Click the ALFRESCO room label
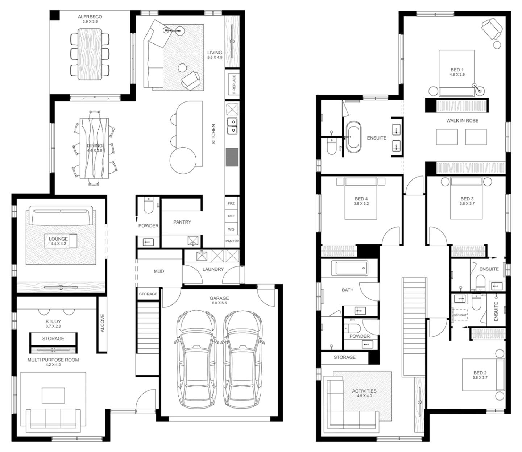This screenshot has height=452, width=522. pyautogui.click(x=90, y=17)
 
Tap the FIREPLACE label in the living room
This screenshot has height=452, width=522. pyautogui.click(x=234, y=84)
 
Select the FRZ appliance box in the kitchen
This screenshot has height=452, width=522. pyautogui.click(x=231, y=203)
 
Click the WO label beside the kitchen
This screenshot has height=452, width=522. pyautogui.click(x=231, y=229)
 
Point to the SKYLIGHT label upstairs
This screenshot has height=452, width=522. pyautogui.click(x=460, y=315)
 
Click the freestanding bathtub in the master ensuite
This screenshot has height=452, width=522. pyautogui.click(x=353, y=138)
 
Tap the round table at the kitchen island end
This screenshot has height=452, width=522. pyautogui.click(x=183, y=161)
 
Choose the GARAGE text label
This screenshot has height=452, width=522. pyautogui.click(x=219, y=298)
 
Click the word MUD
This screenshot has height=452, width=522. pyautogui.click(x=159, y=271)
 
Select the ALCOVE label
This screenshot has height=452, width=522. pyautogui.click(x=102, y=323)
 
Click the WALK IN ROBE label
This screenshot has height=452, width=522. pyautogui.click(x=462, y=121)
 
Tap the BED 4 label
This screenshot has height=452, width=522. pyautogui.click(x=361, y=199)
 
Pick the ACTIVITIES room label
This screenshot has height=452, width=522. pyautogui.click(x=364, y=391)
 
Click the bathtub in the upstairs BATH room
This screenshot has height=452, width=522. pyautogui.click(x=351, y=268)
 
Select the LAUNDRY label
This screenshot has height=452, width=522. pyautogui.click(x=213, y=269)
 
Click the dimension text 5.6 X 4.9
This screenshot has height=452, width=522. pyautogui.click(x=215, y=57)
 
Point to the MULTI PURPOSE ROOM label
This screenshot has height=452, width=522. pyautogui.click(x=53, y=360)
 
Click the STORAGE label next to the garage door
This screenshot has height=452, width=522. pyautogui.click(x=148, y=294)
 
